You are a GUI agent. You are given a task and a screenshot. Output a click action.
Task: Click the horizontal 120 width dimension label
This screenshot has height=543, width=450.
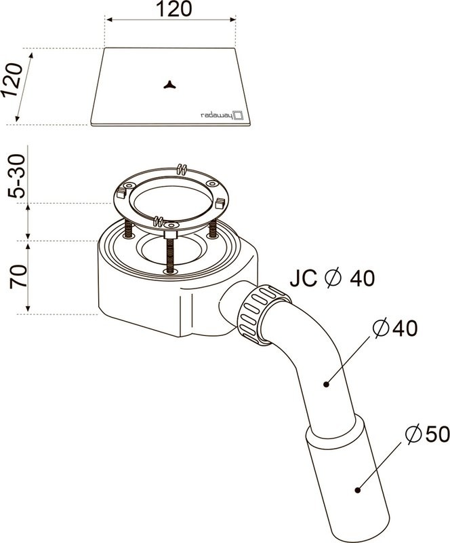click(x=173, y=10)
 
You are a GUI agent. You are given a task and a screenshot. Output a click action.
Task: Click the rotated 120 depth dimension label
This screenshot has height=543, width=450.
click(x=13, y=80)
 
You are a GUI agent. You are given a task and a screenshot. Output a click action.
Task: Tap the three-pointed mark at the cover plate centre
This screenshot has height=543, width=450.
click(x=170, y=85)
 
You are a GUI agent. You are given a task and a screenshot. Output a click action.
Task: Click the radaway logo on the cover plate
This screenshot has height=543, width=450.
click(x=222, y=115)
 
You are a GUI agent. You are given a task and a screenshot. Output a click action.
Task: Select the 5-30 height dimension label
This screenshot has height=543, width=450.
click(x=18, y=176)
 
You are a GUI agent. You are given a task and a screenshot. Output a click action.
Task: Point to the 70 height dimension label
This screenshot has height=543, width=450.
click(x=18, y=276)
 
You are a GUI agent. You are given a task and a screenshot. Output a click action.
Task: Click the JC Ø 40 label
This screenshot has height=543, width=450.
click(x=332, y=278)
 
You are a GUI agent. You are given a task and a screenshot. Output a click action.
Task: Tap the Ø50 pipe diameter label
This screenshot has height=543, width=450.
click(x=428, y=434)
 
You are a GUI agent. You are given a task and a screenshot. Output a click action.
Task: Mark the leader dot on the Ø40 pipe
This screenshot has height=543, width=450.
click(x=326, y=384)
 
